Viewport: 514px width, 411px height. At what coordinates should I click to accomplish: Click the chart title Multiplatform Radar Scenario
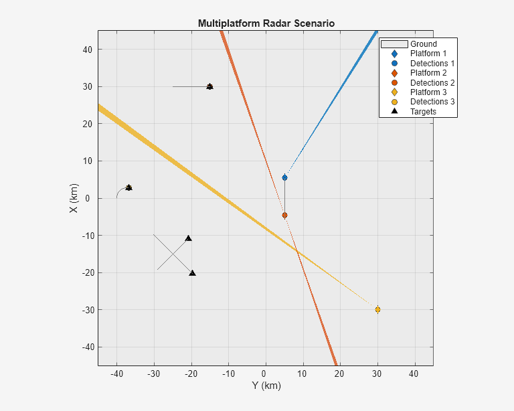click(x=266, y=23)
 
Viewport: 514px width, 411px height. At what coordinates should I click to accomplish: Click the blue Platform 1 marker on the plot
click(x=284, y=177)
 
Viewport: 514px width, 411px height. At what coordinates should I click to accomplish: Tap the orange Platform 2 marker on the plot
click(x=284, y=215)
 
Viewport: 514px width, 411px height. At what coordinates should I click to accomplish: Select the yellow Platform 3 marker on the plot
click(x=377, y=309)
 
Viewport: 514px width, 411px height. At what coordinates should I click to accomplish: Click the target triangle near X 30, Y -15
click(x=209, y=86)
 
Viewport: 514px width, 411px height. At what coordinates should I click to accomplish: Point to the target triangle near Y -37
click(x=128, y=187)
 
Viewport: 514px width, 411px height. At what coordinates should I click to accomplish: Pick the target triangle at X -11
click(x=188, y=238)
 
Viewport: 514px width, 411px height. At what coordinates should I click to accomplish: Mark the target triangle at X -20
click(x=192, y=273)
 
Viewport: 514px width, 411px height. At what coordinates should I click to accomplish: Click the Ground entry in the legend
click(x=423, y=44)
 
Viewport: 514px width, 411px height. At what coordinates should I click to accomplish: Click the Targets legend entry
click(x=423, y=112)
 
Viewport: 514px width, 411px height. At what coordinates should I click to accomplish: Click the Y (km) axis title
click(x=266, y=386)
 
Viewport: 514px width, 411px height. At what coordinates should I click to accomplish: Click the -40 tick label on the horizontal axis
click(x=116, y=374)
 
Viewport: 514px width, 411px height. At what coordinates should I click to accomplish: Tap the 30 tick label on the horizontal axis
click(x=377, y=374)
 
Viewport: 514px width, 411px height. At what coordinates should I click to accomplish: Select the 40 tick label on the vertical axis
click(x=87, y=50)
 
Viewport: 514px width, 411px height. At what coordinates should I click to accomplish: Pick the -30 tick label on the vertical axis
click(x=86, y=310)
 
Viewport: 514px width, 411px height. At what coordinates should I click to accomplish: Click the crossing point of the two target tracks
click(x=172, y=252)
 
